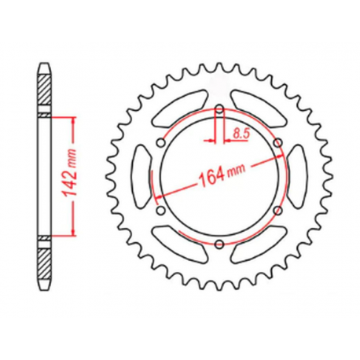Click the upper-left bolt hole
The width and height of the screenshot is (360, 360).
160,142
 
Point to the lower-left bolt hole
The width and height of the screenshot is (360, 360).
160,211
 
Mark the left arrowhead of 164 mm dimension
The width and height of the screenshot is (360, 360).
158,195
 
